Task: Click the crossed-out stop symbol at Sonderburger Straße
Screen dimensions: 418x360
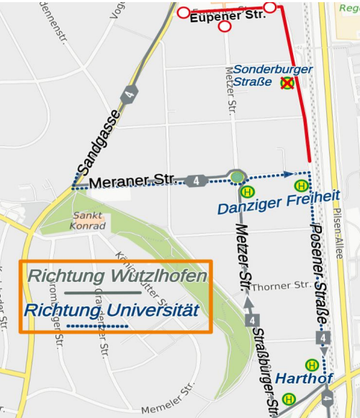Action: point(287,83)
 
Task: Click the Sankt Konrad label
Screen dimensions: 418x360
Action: point(88,220)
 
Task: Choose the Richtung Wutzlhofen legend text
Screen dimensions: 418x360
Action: point(117,276)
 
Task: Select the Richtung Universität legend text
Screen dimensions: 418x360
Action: point(111,311)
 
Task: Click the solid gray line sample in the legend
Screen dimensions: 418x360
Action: point(102,293)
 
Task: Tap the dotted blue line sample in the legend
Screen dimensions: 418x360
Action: point(97,327)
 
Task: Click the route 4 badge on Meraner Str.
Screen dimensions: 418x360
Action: point(197,181)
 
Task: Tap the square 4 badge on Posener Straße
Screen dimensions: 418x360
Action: point(324,337)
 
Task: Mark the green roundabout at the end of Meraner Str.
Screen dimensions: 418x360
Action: point(236,176)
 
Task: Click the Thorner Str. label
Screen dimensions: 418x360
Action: point(282,286)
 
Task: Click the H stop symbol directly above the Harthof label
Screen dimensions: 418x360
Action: point(312,365)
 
